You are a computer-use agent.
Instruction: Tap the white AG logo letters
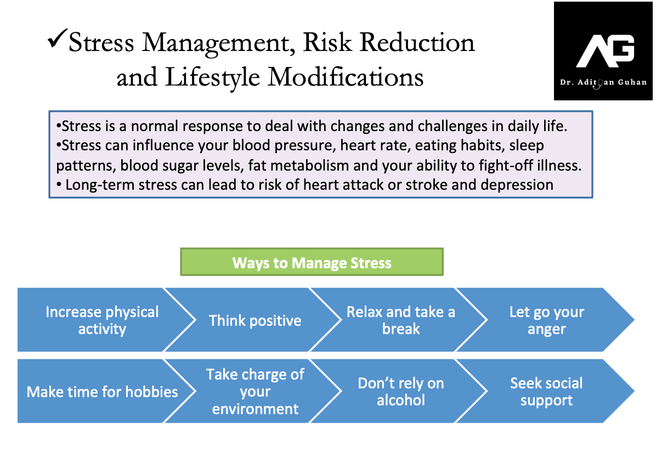606,50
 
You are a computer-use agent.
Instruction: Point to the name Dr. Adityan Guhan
603,82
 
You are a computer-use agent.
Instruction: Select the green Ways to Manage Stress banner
312,262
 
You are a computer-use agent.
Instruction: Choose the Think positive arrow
252,320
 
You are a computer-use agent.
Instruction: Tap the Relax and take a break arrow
398,320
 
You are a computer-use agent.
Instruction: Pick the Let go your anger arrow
545,320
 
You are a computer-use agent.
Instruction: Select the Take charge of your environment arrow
252,391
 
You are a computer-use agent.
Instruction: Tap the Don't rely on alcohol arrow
398,391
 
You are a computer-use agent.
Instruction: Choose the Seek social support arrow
545,391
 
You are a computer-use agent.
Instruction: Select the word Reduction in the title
417,42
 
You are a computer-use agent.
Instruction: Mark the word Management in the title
218,43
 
